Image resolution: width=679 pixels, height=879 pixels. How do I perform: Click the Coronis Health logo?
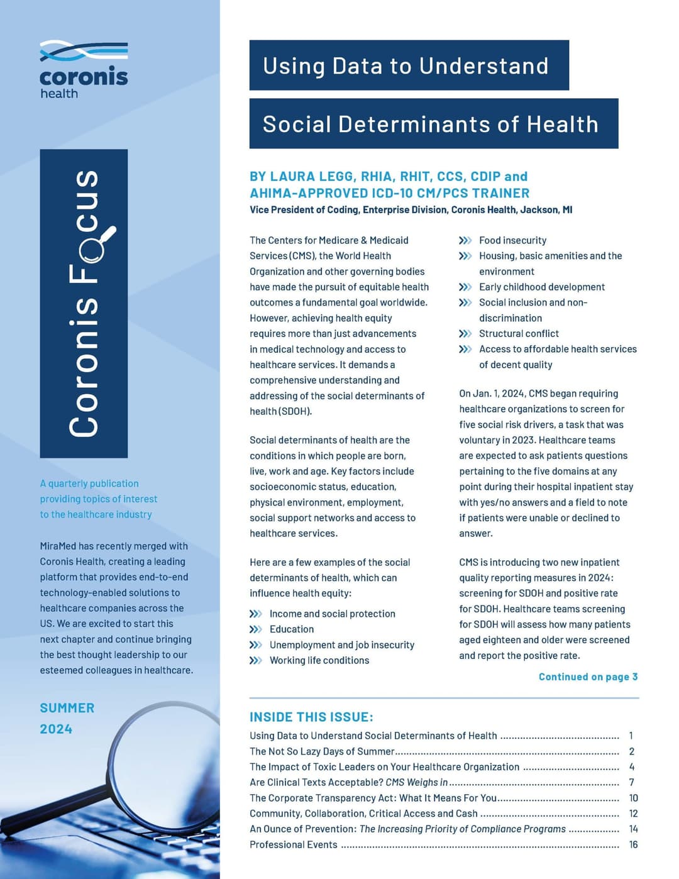point(84,69)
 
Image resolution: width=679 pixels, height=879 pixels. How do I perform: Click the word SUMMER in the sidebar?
point(67,708)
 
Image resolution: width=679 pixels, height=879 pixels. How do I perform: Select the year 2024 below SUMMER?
point(56,729)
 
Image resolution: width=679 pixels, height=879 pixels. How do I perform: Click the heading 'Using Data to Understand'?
point(406,66)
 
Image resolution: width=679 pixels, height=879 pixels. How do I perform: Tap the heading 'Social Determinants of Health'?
point(431,124)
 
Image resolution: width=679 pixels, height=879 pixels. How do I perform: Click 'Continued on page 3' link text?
point(588,677)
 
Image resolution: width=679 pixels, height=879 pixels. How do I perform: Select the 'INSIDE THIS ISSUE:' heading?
point(311,717)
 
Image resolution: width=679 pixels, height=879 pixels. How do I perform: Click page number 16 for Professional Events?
point(633,844)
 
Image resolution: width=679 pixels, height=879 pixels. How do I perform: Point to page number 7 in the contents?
point(631,782)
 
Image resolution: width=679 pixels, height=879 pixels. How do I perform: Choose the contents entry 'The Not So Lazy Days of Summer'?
point(321,751)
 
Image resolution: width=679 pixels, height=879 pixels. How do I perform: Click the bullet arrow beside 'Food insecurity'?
point(465,240)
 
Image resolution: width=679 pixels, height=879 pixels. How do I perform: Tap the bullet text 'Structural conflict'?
point(519,333)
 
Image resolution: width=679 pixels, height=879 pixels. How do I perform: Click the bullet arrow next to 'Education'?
point(255,629)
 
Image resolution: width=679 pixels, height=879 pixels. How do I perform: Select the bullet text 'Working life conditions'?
point(319,660)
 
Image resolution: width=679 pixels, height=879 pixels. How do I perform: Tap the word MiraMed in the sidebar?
point(58,546)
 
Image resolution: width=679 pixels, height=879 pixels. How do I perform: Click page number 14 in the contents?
point(633,829)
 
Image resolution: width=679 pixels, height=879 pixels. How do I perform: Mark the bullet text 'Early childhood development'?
point(542,287)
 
